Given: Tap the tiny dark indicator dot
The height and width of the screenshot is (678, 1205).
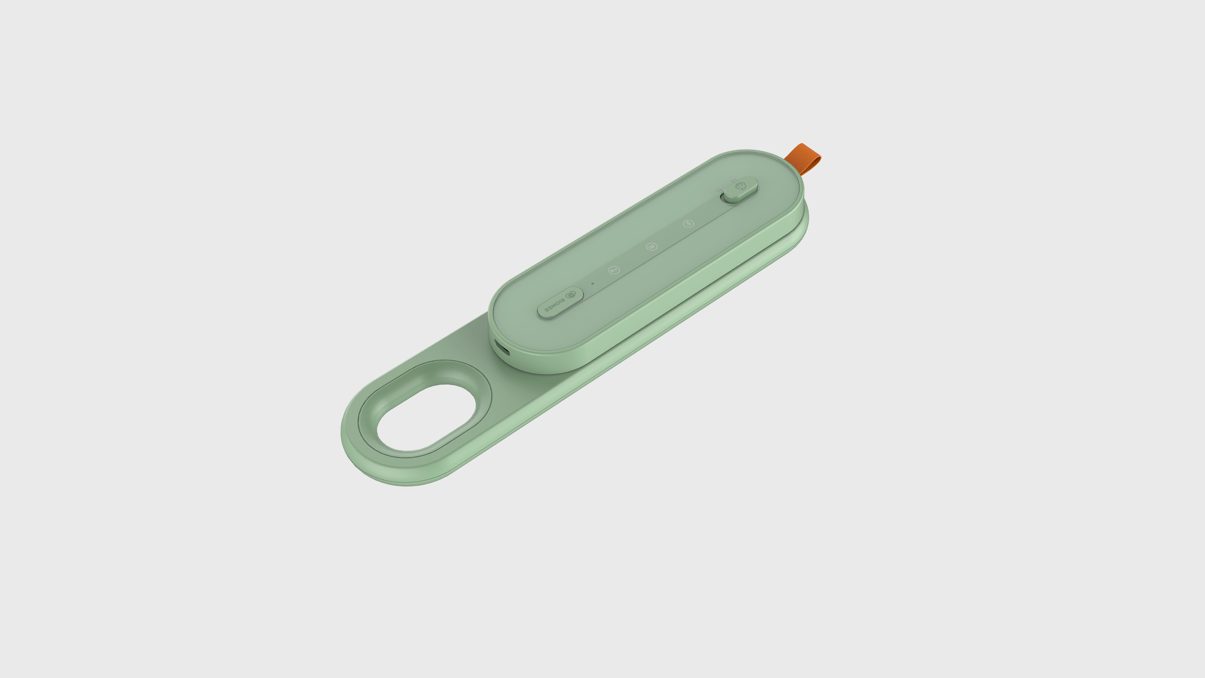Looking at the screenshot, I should pos(593,283).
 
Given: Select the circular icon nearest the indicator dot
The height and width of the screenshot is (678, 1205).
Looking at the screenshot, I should pos(614,270).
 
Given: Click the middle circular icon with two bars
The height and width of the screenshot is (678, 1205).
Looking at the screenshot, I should pos(651,247).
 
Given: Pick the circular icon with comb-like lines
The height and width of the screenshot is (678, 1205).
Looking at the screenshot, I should pos(688,224).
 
